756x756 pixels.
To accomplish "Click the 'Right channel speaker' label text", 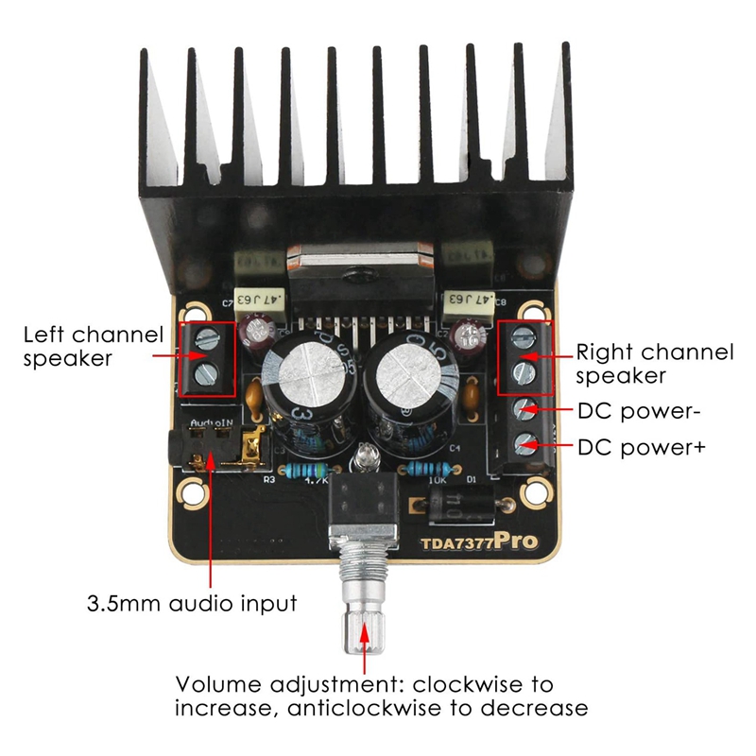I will (x=654, y=364).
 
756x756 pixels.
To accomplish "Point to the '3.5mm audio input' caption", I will (x=192, y=602).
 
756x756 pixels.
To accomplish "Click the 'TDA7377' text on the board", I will (x=456, y=544).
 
